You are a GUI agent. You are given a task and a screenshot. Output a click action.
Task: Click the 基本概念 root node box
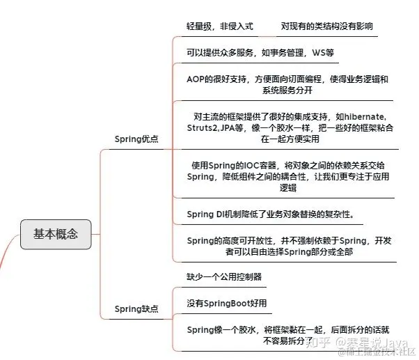tap(56, 233)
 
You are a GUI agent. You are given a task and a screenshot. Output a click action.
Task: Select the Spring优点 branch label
tap(136, 139)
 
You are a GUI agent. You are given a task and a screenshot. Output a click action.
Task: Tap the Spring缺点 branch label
tap(136, 308)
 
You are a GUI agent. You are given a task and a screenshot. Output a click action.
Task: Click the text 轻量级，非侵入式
tap(221, 25)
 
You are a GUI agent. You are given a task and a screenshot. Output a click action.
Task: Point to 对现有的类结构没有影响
tap(328, 25)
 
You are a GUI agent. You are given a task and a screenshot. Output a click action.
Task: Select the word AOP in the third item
tap(198, 79)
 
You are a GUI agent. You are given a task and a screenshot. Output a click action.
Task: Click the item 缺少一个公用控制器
tap(224, 276)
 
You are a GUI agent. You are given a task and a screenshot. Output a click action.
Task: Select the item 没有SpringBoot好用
tap(226, 303)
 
